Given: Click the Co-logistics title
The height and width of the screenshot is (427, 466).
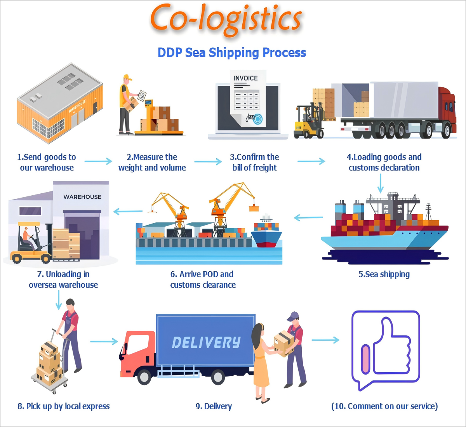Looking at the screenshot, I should pyautogui.click(x=226, y=19).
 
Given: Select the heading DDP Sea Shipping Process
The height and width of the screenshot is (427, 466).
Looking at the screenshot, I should pyautogui.click(x=232, y=52).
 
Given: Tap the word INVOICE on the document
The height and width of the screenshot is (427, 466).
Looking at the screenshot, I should pyautogui.click(x=245, y=78).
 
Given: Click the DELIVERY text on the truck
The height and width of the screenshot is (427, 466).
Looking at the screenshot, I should pyautogui.click(x=206, y=342).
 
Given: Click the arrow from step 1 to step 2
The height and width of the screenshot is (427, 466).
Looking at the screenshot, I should pyautogui.click(x=98, y=161).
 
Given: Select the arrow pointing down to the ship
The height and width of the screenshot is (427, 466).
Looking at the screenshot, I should pyautogui.click(x=381, y=183).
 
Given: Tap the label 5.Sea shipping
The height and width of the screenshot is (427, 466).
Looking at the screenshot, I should pyautogui.click(x=384, y=274).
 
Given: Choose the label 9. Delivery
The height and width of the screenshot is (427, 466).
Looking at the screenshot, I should pyautogui.click(x=214, y=406).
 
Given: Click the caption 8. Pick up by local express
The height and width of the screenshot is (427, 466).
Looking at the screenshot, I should pyautogui.click(x=64, y=406).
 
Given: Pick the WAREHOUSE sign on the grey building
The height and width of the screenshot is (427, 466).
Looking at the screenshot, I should pyautogui.click(x=82, y=197).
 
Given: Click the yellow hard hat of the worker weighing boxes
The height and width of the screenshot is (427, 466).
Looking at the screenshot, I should pyautogui.click(x=127, y=78).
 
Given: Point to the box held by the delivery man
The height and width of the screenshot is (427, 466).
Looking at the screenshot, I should pyautogui.click(x=283, y=342).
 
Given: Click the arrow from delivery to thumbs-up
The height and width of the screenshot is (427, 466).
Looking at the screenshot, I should pyautogui.click(x=325, y=340).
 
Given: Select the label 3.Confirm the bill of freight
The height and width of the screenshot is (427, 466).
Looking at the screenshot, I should pyautogui.click(x=254, y=162).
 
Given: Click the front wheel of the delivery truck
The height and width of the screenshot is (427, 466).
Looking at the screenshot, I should pyautogui.click(x=144, y=377).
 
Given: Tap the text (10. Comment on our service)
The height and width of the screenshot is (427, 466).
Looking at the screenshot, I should pyautogui.click(x=384, y=406).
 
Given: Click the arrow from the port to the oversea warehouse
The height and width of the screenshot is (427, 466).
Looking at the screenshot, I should pyautogui.click(x=128, y=212).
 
